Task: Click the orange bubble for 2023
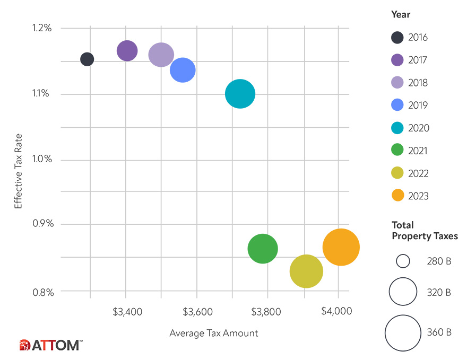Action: [x=341, y=247]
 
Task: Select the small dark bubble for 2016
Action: [x=87, y=59]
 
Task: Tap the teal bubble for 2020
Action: [x=240, y=94]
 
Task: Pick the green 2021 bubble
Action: [x=263, y=248]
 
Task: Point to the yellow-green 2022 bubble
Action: [x=306, y=271]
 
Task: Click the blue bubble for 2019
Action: [x=183, y=69]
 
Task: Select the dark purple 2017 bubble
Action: [x=127, y=51]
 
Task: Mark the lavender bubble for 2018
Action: [x=161, y=55]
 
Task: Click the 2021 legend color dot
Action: [x=397, y=151]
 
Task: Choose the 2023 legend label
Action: [x=418, y=196]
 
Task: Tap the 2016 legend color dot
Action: [x=397, y=38]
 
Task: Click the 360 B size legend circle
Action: [x=403, y=332]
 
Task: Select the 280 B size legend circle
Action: [x=403, y=261]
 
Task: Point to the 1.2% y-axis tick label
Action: [x=40, y=28]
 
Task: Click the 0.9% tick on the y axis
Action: [x=40, y=224]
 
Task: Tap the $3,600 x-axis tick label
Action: [x=197, y=312]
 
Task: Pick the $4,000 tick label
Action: [x=336, y=311]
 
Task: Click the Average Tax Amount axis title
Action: [x=213, y=333]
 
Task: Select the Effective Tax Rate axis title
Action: [x=19, y=160]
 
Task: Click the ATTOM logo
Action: [x=50, y=345]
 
